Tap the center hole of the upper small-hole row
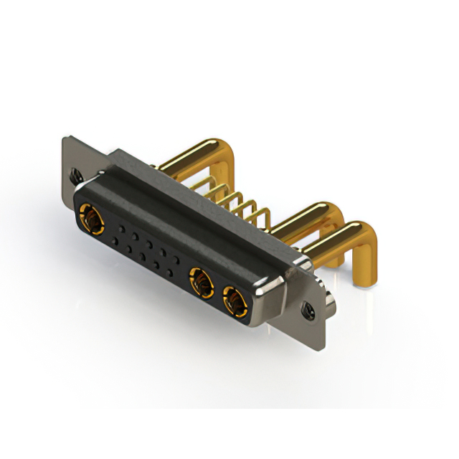click(x=146, y=242)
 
